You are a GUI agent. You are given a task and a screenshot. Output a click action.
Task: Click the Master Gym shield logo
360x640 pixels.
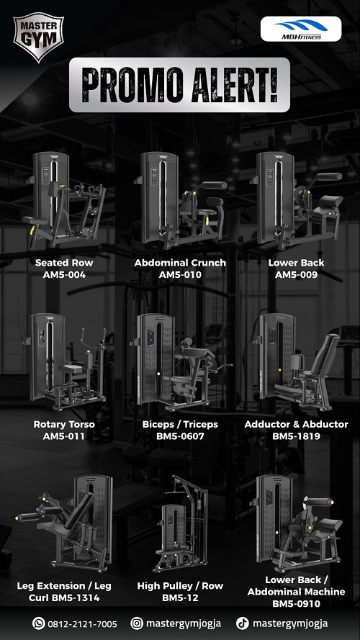[38, 37]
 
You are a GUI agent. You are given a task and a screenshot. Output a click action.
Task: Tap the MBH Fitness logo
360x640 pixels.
[301, 29]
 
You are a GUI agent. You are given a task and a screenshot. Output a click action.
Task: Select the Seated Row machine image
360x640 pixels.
[64, 200]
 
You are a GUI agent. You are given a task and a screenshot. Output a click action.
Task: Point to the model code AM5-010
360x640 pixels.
[180, 275]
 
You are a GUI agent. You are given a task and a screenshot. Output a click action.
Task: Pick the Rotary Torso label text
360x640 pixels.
[64, 424]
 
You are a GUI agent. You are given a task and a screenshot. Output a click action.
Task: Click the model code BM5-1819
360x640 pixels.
[297, 436]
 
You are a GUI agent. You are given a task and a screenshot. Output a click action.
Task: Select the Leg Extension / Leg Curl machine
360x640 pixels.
[64, 523]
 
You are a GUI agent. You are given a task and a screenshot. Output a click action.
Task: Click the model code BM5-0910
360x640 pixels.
[297, 604]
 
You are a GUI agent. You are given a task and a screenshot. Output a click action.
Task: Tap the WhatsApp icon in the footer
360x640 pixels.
[39, 623]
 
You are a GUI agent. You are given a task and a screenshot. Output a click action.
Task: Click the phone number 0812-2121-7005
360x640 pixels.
[83, 624]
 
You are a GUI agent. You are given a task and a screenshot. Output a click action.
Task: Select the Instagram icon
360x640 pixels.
[137, 623]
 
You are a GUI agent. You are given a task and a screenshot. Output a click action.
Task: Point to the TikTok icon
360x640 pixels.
[243, 623]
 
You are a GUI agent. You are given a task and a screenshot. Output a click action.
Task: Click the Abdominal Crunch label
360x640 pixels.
[180, 263]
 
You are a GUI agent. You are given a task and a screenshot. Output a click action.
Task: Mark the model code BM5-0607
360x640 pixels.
[180, 436]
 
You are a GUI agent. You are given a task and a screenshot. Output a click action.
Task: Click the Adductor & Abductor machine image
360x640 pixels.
[297, 361]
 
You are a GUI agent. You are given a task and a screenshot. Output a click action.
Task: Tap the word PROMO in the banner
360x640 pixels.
[132, 85]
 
